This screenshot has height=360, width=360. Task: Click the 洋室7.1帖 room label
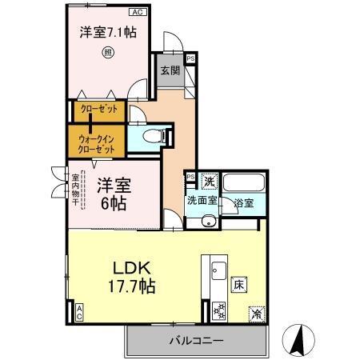[106, 33]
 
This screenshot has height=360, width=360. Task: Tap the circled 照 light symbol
[107, 55]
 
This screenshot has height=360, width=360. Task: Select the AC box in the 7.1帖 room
[136, 13]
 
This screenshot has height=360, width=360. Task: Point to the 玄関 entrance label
[170, 70]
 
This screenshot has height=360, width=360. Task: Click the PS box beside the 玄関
[190, 59]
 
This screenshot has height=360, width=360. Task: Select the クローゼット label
[98, 109]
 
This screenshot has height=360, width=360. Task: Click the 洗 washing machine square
[208, 181]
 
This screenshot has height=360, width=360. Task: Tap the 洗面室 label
[202, 201]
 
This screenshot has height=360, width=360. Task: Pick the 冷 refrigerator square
[258, 313]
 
